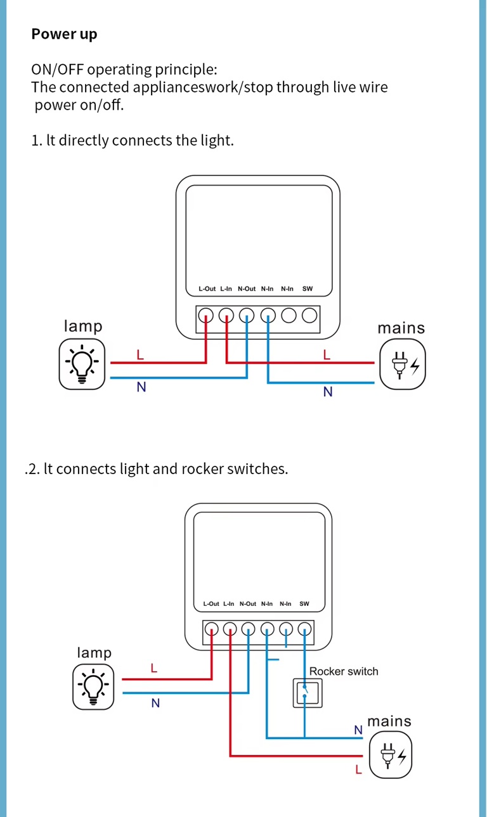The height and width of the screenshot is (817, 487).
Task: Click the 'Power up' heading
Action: [x=64, y=34]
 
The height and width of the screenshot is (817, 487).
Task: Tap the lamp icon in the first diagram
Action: [x=82, y=364]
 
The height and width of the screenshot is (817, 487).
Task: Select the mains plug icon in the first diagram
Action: [x=403, y=364]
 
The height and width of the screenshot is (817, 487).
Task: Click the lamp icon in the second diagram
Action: [x=93, y=686]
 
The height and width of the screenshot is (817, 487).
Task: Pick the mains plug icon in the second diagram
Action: [x=391, y=754]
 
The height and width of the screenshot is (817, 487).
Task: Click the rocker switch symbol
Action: [x=307, y=693]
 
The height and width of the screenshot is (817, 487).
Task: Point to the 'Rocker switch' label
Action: [x=344, y=672]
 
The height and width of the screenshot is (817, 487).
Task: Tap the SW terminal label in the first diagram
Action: [x=308, y=289]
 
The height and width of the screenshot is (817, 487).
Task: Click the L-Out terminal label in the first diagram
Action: [x=207, y=289]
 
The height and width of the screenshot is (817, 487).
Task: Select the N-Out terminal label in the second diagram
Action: [x=248, y=604]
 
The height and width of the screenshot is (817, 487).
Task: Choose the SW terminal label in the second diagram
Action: [x=304, y=604]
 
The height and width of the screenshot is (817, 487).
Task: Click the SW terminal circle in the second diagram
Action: [x=305, y=629]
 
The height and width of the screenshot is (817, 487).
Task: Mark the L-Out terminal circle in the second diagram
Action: [x=212, y=629]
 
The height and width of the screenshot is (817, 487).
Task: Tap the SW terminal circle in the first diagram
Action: [x=309, y=315]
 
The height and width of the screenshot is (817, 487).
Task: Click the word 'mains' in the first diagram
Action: [x=401, y=328]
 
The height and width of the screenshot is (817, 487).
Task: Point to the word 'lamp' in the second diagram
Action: [x=94, y=653]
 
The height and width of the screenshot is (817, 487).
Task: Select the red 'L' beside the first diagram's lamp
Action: [x=140, y=355]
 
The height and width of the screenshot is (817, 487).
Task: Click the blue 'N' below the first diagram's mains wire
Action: [x=328, y=392]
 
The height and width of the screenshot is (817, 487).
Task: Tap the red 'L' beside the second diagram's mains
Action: [x=358, y=770]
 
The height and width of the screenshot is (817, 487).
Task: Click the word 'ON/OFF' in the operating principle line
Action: [x=58, y=70]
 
